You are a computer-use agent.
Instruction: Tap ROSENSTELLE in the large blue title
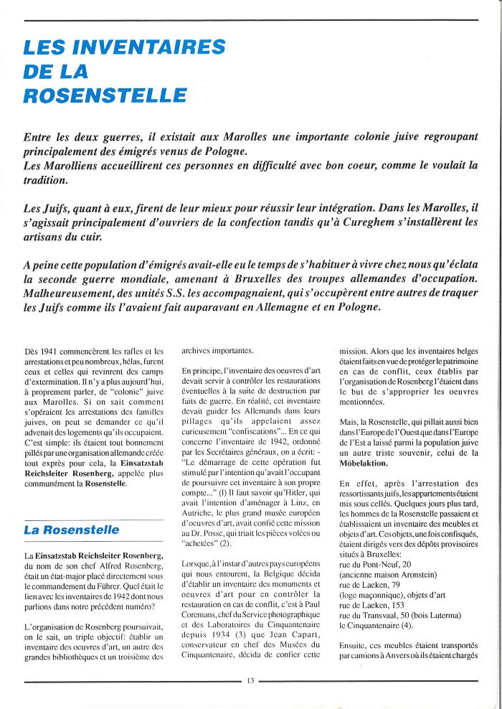[105, 95]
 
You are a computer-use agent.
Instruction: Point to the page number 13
[250, 680]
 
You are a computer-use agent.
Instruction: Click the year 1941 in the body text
[49, 351]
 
